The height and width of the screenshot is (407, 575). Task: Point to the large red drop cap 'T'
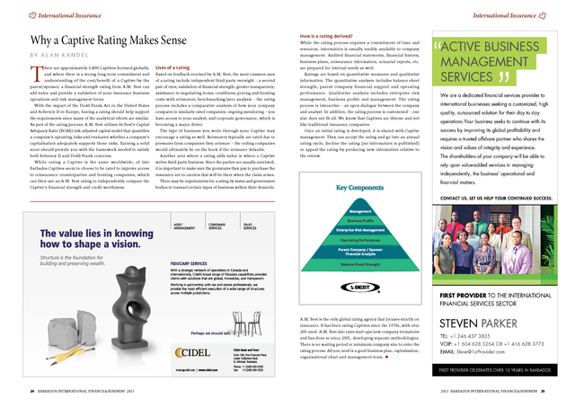coord(36,74)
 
